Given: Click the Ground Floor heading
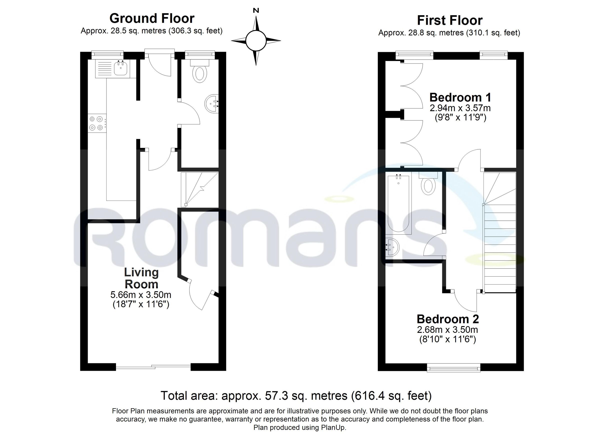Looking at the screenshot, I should (152, 18).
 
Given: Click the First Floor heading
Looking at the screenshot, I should (450, 20).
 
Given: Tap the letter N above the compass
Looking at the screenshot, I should (256, 11).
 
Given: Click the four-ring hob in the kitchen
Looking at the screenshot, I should (96, 123).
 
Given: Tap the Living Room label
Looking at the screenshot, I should (141, 278).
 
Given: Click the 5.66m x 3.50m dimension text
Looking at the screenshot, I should (141, 295).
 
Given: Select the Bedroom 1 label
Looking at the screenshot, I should (460, 97).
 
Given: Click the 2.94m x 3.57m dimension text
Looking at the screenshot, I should (460, 108).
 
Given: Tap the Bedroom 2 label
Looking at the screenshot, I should (448, 319).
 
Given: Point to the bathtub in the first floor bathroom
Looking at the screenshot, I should (398, 204).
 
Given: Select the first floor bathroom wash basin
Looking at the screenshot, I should (392, 247).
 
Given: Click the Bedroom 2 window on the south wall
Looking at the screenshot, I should (453, 368).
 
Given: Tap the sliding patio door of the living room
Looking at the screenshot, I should (153, 367).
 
